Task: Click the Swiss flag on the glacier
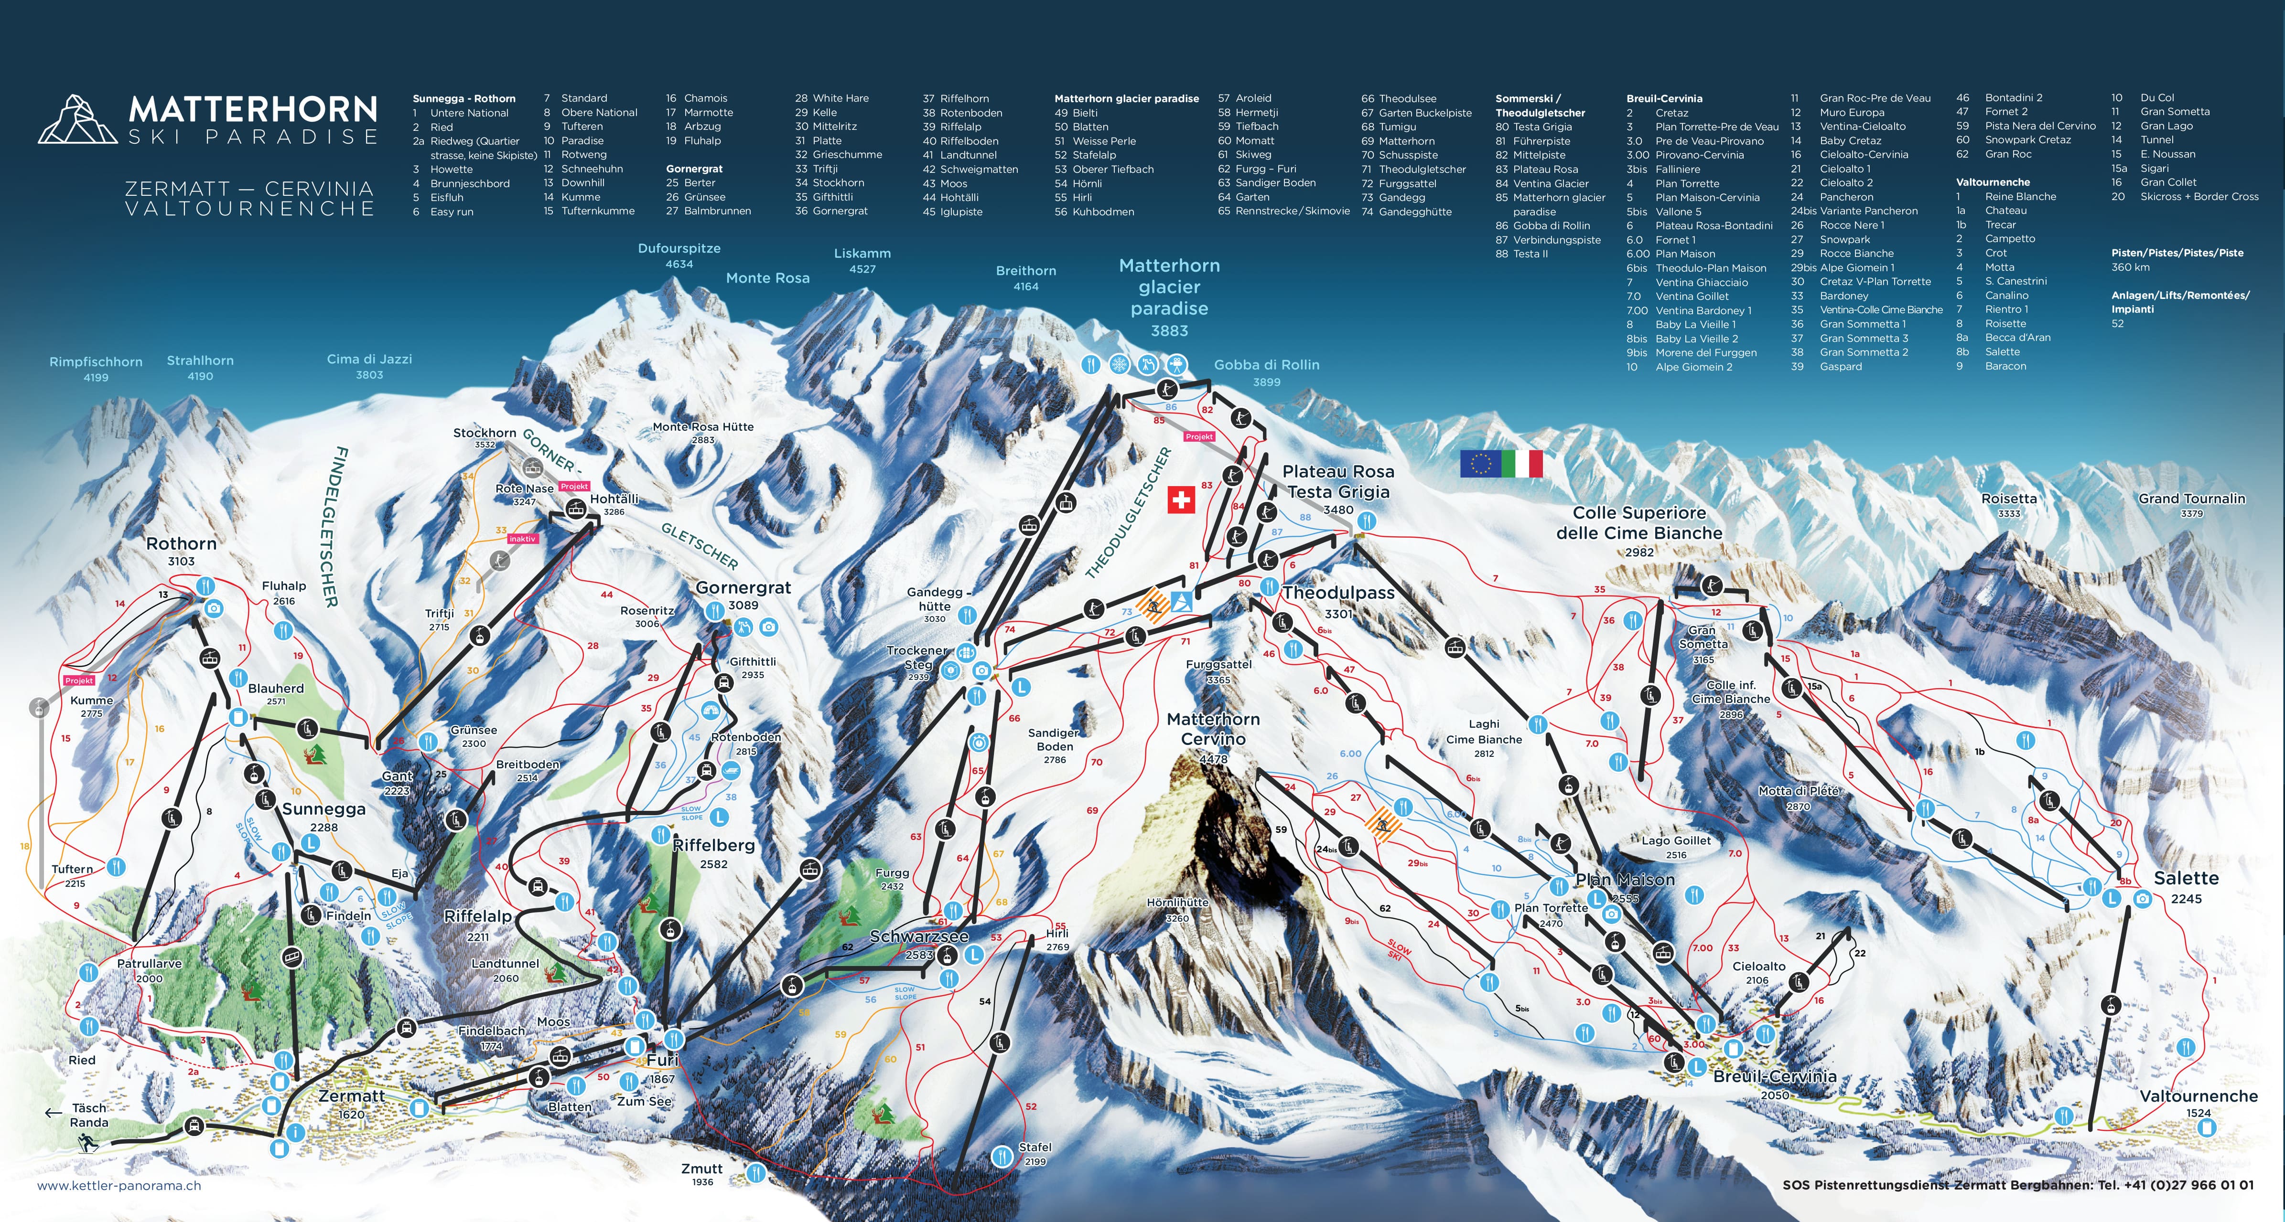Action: [1181, 500]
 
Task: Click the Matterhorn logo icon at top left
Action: [77, 120]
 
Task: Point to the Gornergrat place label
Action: [744, 588]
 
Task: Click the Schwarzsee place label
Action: [919, 936]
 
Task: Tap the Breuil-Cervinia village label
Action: [1774, 1076]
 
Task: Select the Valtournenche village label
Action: [2198, 1096]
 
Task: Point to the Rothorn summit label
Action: [181, 543]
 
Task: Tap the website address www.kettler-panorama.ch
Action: [119, 1186]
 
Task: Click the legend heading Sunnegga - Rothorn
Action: [464, 98]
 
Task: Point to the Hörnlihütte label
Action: [1177, 903]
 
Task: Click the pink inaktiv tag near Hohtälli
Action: [522, 538]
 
